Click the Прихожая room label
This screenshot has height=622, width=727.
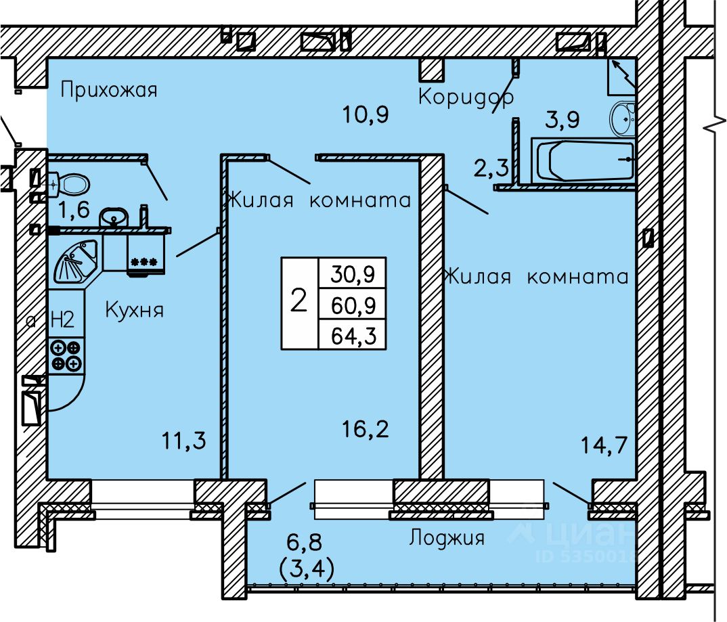109,89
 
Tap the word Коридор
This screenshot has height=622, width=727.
466,97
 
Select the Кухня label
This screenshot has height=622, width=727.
135,309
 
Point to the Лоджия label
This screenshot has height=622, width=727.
447,537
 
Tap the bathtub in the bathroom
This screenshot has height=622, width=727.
583,160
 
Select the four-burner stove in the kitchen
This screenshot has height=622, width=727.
66,355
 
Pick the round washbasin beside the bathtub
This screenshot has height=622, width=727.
622,118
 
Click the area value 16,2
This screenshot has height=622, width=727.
366,429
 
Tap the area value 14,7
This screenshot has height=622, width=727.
604,445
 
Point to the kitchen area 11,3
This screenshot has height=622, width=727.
184,440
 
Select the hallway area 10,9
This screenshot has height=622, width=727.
366,114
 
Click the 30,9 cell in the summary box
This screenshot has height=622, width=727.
353,273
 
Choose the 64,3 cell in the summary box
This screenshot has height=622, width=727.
353,334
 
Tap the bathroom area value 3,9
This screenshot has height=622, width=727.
562,120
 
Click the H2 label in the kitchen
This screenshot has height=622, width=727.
62,319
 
